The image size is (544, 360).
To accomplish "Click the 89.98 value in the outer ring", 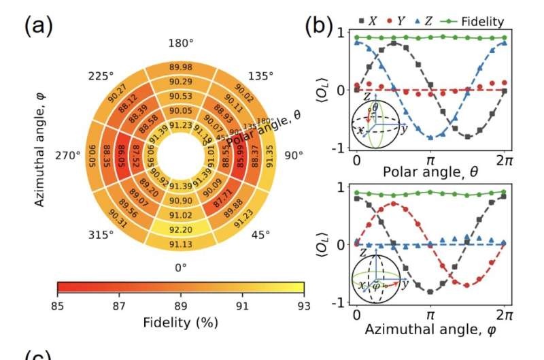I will (180, 66).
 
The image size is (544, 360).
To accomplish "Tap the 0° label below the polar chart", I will (180, 267).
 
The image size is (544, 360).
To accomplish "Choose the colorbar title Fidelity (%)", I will (180, 321).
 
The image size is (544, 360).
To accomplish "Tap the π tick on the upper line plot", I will (430, 159).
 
